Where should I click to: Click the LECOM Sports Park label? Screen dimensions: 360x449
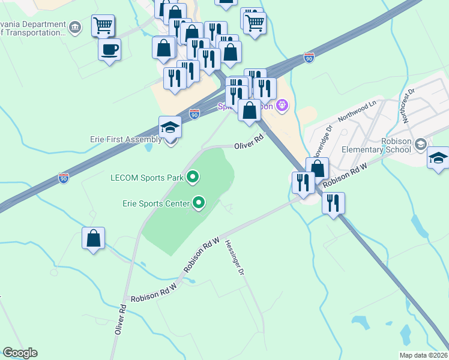(x=146, y=177)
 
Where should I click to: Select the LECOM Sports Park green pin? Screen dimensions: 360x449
(x=193, y=176)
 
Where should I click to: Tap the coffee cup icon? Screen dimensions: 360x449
(x=109, y=49)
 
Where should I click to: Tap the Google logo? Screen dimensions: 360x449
(x=20, y=353)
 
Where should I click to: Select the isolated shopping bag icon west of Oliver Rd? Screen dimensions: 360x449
(x=94, y=238)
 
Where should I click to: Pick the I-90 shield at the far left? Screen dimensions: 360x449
(x=64, y=178)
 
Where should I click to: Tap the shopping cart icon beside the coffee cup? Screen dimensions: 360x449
(x=103, y=26)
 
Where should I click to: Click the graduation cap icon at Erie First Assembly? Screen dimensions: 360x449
(x=170, y=127)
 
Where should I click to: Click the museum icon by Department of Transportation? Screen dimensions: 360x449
(x=75, y=26)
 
